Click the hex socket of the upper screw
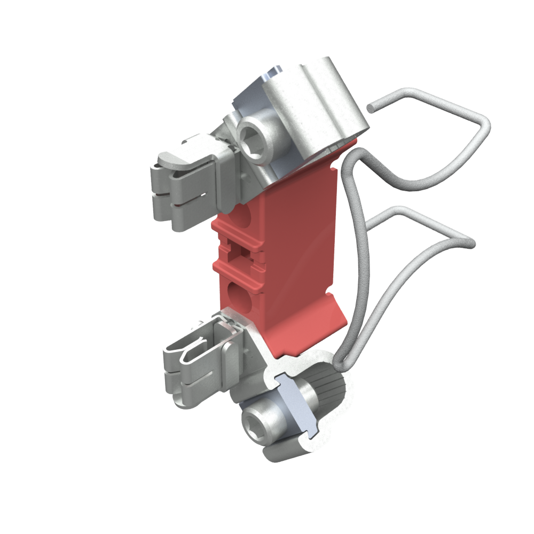point(256,139)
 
